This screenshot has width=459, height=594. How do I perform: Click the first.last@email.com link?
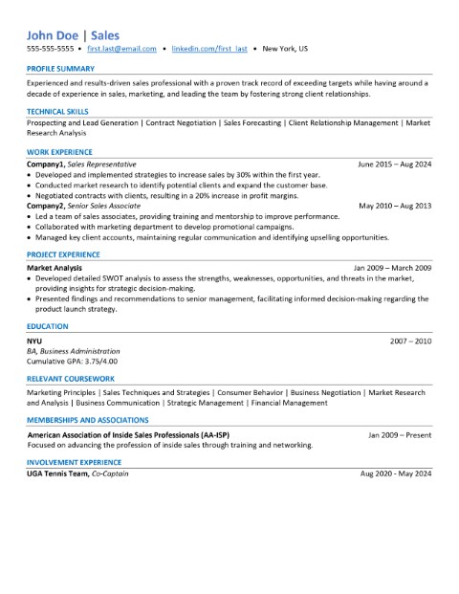[x=120, y=47]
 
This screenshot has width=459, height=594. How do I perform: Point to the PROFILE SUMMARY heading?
[x=60, y=70]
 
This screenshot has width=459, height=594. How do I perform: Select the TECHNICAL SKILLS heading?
[x=58, y=111]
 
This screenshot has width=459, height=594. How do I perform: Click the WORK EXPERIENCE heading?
[x=59, y=152]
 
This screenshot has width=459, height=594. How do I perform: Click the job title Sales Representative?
[x=103, y=164]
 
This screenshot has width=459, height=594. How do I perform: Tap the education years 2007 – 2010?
[x=411, y=341]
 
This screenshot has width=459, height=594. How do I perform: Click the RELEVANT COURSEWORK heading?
[x=72, y=380]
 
